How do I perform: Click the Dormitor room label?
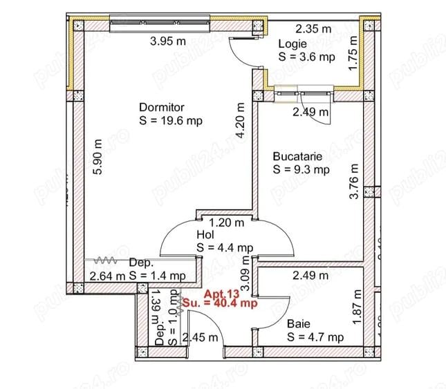162,107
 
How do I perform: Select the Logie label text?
292,44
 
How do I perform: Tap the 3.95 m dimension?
169,41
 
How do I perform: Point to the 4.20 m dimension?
240,121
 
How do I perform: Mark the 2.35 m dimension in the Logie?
312,29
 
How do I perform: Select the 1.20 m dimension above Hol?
227,222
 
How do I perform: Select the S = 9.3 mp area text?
301,169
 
